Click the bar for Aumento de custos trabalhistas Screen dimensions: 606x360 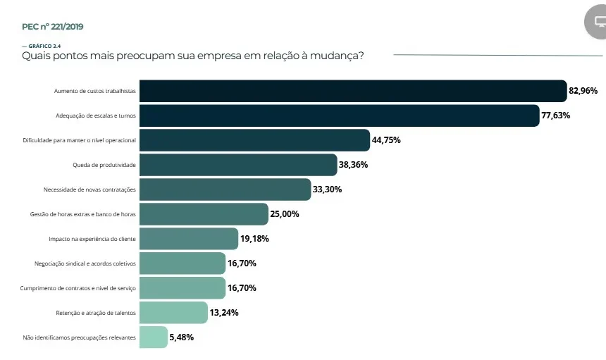coord(353,91)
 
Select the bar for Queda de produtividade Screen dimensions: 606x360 coord(238,165)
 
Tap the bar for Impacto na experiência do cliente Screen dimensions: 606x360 coord(189,239)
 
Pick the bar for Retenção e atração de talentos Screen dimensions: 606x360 coord(173,313)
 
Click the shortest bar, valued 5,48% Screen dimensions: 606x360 coord(154,337)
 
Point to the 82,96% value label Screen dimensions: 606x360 coord(583,91)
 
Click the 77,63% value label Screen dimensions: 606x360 coord(556,116)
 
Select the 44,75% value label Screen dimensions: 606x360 coord(386,140)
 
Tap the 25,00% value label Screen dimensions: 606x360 coord(285,214)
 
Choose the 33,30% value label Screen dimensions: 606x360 coord(328,190)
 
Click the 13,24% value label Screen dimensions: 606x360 coord(224,313)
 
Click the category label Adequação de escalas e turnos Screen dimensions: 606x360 coord(96,116)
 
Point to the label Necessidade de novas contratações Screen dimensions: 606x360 coord(89,190)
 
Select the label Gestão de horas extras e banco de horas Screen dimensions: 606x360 coord(83,214)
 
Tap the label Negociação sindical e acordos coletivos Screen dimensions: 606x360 coord(85,263)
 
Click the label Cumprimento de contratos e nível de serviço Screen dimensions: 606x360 coord(78,288)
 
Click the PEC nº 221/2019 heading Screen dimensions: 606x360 coord(53,27)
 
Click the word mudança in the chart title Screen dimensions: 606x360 coord(334,56)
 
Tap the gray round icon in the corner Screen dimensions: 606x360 coord(596,22)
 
